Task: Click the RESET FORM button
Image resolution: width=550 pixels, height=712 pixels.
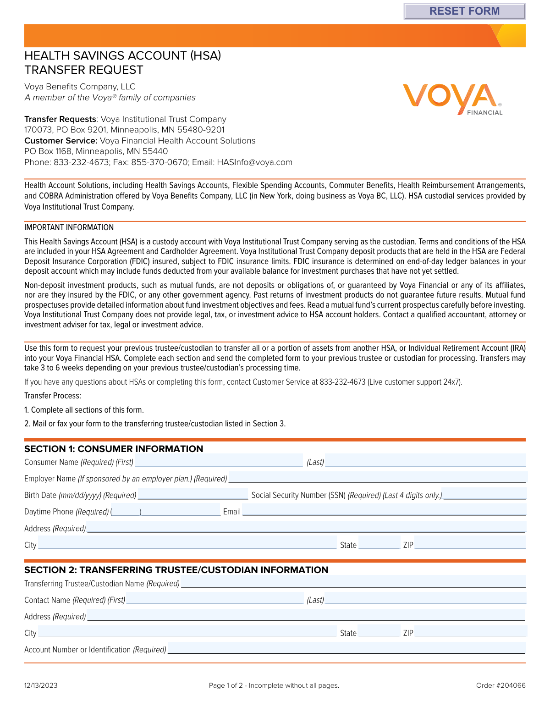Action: pyautogui.click(x=464, y=11)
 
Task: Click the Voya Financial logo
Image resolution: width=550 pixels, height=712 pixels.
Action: pyautogui.click(x=452, y=99)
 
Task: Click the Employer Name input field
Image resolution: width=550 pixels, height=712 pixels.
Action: pyautogui.click(x=377, y=477)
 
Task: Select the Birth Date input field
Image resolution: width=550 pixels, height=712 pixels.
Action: pyautogui.click(x=192, y=494)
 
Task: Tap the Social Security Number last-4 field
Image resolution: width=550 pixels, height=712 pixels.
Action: pyautogui.click(x=484, y=494)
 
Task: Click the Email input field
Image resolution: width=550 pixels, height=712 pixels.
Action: pyautogui.click(x=384, y=511)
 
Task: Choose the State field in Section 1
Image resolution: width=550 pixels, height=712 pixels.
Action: pyautogui.click(x=379, y=544)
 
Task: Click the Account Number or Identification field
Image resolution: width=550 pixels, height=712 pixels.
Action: pyautogui.click(x=346, y=648)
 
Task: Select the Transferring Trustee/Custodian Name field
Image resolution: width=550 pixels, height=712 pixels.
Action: pyautogui.click(x=353, y=582)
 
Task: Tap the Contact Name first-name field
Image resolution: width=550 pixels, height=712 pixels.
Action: pyautogui.click(x=214, y=599)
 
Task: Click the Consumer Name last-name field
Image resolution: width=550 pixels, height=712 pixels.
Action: pyautogui.click(x=425, y=461)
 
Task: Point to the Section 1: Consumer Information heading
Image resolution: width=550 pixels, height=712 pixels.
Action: pyautogui.click(x=114, y=449)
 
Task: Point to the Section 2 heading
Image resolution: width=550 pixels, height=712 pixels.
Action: pyautogui.click(x=176, y=570)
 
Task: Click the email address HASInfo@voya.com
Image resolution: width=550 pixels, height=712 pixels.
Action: pyautogui.click(x=254, y=162)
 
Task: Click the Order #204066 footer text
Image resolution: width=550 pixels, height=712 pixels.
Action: pyautogui.click(x=500, y=685)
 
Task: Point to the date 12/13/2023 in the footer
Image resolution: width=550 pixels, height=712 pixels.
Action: pyautogui.click(x=41, y=685)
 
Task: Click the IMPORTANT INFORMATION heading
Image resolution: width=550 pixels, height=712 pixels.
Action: pyautogui.click(x=69, y=227)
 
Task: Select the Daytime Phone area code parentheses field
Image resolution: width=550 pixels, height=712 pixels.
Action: pyautogui.click(x=126, y=511)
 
